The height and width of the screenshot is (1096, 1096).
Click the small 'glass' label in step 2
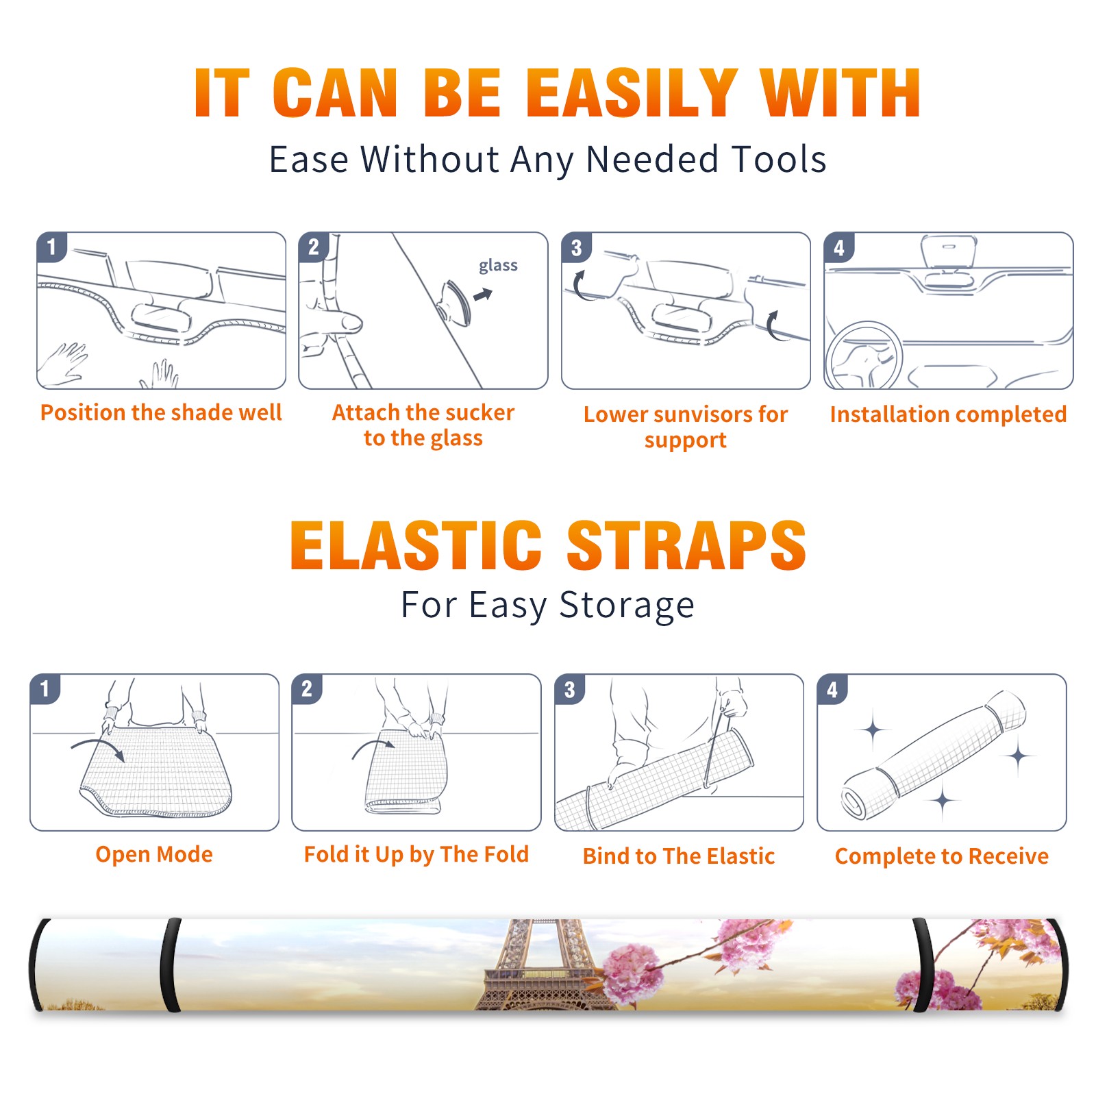pyautogui.click(x=498, y=266)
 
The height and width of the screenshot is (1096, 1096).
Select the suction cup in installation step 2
pyautogui.click(x=456, y=301)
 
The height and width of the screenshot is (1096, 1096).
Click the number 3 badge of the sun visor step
pyautogui.click(x=576, y=247)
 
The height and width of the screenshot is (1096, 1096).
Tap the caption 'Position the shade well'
pyautogui.click(x=161, y=412)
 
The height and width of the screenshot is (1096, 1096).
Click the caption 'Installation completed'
pyautogui.click(x=948, y=414)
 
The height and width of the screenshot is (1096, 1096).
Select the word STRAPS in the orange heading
pyautogui.click(x=686, y=545)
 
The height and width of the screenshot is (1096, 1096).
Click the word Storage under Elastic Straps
pyautogui.click(x=627, y=606)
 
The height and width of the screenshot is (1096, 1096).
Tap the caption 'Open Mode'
pyautogui.click(x=154, y=854)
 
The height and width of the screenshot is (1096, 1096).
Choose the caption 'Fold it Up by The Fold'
pyautogui.click(x=416, y=854)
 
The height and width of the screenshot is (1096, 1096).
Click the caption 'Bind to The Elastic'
pyautogui.click(x=679, y=856)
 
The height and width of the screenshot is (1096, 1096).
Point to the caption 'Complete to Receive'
pyautogui.click(x=942, y=856)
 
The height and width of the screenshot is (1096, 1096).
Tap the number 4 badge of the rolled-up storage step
pyautogui.click(x=832, y=689)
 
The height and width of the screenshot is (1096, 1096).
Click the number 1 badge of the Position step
pyautogui.click(x=51, y=247)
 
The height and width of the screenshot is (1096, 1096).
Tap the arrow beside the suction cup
pyautogui.click(x=483, y=295)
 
